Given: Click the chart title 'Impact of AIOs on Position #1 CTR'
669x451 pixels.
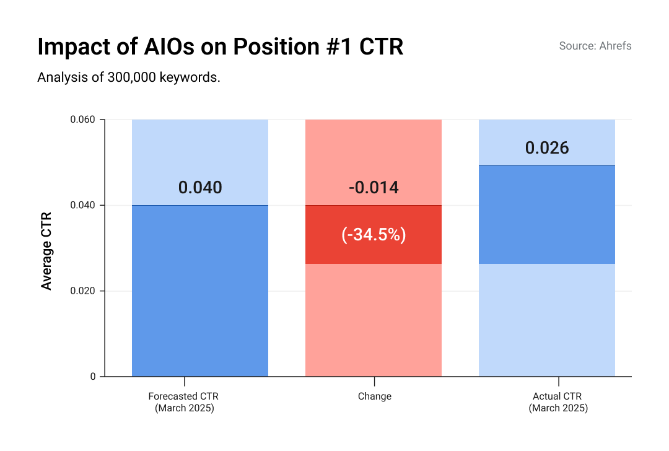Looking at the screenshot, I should pyautogui.click(x=220, y=47).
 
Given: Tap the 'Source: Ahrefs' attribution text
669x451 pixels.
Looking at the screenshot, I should pyautogui.click(x=595, y=46).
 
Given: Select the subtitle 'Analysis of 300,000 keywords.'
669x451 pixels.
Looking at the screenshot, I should pyautogui.click(x=129, y=77).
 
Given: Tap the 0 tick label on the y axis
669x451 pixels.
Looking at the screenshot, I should pyautogui.click(x=93, y=377).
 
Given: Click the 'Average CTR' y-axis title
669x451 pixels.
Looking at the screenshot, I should pyautogui.click(x=46, y=251).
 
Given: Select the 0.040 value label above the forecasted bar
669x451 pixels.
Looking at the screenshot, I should pyautogui.click(x=200, y=188).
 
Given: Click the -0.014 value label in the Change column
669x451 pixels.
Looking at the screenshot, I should pyautogui.click(x=374, y=188).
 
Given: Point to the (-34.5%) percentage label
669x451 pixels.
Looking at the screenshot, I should pyautogui.click(x=374, y=235).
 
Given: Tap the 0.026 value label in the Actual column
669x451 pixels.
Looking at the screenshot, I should pyautogui.click(x=547, y=148).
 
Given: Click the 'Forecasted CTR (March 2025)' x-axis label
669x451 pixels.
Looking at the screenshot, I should pyautogui.click(x=184, y=402).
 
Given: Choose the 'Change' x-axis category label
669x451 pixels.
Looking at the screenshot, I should pyautogui.click(x=374, y=396).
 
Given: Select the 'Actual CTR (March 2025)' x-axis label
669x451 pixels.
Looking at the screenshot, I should pyautogui.click(x=557, y=402).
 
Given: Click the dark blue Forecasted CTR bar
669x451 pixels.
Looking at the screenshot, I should pyautogui.click(x=200, y=291).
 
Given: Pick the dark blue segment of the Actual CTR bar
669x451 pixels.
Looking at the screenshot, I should pyautogui.click(x=547, y=214).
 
